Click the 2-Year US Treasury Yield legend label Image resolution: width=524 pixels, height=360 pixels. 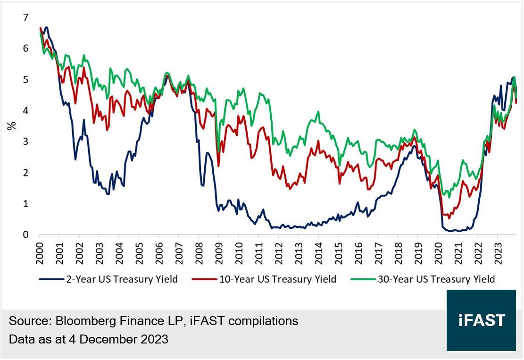122,279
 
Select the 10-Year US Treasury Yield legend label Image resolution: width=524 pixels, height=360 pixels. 278,279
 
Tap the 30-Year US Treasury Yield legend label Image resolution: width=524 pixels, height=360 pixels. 436,279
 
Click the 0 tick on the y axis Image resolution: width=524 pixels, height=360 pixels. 26,235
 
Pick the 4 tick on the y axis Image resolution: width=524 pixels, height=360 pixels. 26,111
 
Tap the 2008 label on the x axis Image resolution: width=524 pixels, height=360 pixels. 198,251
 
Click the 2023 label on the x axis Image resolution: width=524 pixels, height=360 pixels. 497,251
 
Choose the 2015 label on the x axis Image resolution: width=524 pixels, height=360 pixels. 338,251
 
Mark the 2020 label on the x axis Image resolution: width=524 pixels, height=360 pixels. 437,251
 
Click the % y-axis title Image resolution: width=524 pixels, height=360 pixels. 11,126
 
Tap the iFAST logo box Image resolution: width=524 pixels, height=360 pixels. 481,320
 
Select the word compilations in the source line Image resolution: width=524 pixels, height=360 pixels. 265,322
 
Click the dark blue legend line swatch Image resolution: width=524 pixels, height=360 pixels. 50,279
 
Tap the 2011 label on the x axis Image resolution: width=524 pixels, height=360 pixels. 258,251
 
